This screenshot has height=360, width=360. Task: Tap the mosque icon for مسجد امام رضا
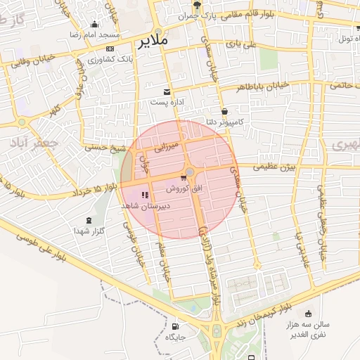(95, 25)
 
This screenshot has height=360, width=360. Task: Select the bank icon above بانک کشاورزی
(110, 49)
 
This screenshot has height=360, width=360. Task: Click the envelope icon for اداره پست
(167, 92)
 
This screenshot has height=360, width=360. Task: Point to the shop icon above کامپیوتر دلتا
(224, 112)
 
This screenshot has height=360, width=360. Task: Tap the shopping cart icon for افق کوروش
(184, 178)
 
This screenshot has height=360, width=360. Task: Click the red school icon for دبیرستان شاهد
(145, 195)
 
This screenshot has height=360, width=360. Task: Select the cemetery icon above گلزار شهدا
(89, 220)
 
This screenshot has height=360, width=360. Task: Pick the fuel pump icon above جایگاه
(175, 326)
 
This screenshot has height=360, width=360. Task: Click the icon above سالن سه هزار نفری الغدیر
(309, 314)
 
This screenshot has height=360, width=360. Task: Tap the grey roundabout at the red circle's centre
(190, 171)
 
